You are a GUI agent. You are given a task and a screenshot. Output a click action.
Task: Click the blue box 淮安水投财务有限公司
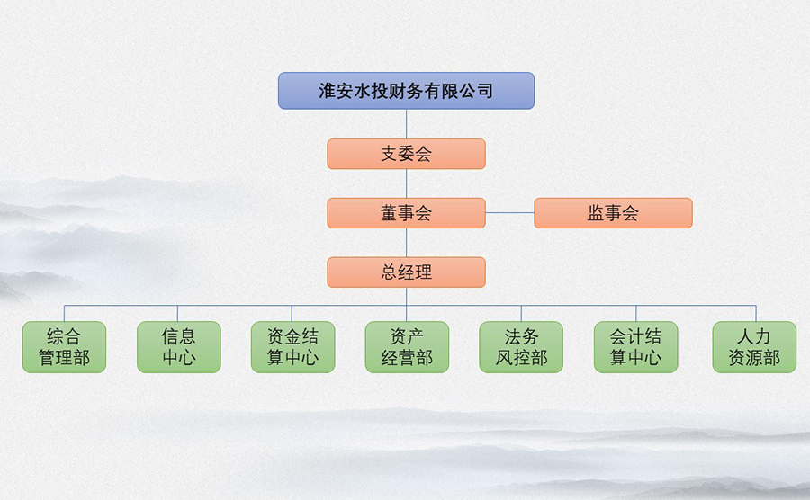click(406, 91)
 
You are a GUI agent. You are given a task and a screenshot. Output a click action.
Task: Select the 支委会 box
click(406, 154)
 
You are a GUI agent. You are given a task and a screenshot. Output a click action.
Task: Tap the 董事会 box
click(406, 212)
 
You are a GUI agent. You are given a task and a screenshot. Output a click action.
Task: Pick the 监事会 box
click(613, 212)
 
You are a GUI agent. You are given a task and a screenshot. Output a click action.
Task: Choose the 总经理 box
click(406, 272)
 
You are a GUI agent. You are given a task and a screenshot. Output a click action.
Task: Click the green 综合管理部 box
click(64, 347)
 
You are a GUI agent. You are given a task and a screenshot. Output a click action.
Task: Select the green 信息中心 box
click(179, 347)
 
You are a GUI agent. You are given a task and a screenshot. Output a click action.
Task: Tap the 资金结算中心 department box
click(292, 347)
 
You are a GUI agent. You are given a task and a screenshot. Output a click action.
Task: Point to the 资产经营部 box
click(407, 347)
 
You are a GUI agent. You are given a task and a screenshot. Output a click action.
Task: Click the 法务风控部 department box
click(521, 347)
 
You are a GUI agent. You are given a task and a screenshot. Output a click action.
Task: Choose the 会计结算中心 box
click(636, 347)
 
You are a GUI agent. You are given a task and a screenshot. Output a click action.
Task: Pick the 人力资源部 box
click(754, 347)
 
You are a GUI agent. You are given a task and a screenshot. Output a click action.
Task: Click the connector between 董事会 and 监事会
click(510, 212)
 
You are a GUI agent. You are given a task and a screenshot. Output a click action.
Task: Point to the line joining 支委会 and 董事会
click(406, 183)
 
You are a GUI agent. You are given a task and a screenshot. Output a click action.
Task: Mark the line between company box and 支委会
click(406, 124)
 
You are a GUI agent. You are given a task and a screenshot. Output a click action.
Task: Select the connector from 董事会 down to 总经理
click(406, 243)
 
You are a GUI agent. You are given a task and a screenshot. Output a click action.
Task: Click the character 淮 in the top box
click(328, 91)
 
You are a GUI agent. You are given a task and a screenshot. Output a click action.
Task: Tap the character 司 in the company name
click(484, 91)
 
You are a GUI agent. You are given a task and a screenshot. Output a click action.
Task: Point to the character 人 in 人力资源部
click(745, 337)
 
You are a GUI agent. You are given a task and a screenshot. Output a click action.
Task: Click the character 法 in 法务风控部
click(513, 337)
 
